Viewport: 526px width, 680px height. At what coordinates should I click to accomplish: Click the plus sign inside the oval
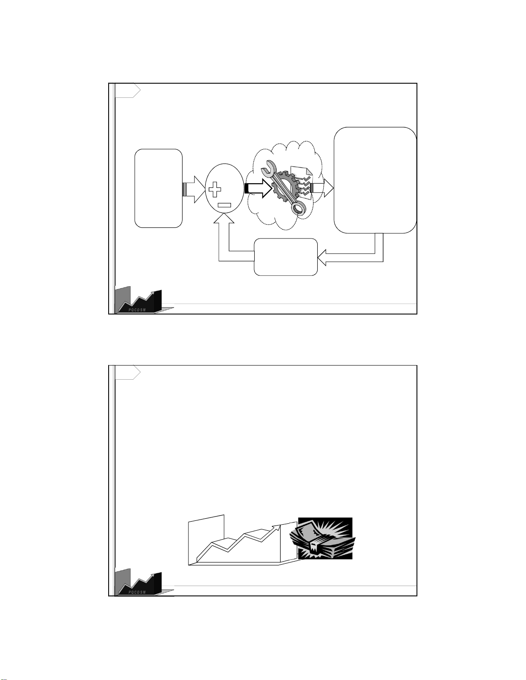215,189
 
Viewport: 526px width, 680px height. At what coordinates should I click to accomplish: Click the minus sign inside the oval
225,205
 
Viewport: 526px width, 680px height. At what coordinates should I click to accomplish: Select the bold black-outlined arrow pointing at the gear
258,188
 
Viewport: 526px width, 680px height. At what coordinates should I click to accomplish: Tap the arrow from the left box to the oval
194,189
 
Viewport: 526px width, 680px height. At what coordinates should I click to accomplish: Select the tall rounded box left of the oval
158,188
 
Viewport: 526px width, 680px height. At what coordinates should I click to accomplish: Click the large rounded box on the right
375,180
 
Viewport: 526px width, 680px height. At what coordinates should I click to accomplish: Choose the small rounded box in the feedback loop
286,257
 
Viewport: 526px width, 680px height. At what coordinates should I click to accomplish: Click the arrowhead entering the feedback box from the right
322,257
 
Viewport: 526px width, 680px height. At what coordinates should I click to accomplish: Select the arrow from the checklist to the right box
322,188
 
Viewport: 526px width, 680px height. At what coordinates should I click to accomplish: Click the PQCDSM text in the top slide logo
137,309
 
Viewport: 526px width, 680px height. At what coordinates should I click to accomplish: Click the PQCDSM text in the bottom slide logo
137,592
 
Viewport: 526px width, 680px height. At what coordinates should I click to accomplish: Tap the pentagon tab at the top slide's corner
128,91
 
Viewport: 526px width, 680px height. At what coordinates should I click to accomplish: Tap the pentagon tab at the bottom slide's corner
128,373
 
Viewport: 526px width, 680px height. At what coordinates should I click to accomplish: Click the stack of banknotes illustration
322,541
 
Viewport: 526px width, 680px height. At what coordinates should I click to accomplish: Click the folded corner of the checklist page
308,171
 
